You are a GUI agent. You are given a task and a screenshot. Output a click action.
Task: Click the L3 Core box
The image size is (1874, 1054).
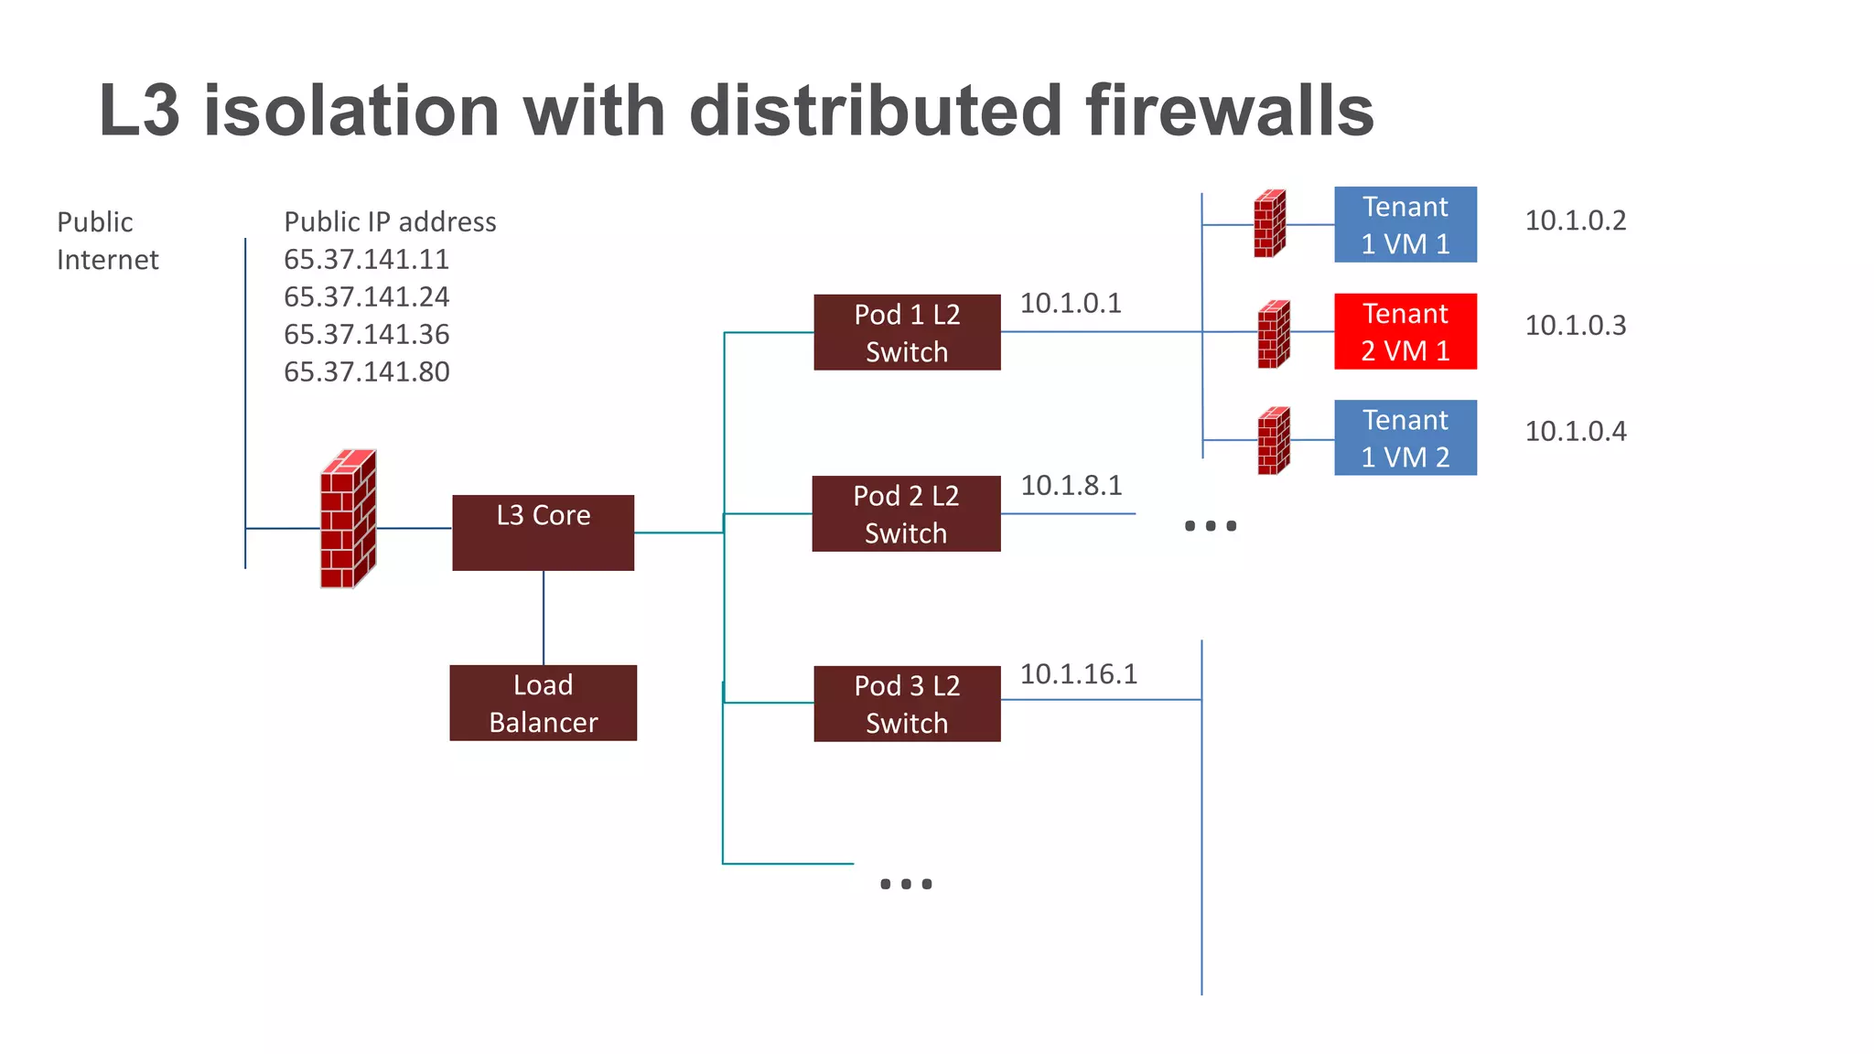tap(543, 532)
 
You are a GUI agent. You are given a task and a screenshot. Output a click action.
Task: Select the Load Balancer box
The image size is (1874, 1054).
tap(543, 703)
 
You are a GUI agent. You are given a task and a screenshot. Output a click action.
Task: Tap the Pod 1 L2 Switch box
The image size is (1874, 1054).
tap(907, 332)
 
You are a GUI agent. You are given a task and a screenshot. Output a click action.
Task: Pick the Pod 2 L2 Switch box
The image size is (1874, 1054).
tap(906, 513)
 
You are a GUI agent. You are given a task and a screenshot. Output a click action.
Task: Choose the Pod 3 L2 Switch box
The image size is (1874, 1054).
tap(907, 704)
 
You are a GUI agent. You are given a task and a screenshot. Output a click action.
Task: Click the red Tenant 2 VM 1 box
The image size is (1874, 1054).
tap(1405, 331)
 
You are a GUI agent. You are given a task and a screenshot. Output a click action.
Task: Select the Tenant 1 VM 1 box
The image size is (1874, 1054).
tap(1405, 224)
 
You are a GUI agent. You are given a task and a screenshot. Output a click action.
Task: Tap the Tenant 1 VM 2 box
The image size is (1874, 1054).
tap(1405, 437)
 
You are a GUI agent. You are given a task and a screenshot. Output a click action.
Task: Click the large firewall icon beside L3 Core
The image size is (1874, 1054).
tap(348, 519)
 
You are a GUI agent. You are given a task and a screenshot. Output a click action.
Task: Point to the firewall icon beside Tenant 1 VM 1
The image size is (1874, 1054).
tap(1269, 223)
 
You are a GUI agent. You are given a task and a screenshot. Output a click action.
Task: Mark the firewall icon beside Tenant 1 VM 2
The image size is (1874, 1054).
tap(1273, 441)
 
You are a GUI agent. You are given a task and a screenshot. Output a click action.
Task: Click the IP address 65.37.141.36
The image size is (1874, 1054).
tap(366, 334)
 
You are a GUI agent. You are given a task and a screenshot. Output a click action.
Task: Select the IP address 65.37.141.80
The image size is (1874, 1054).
tap(366, 371)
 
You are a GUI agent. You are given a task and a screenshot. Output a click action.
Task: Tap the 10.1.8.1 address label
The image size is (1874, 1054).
tap(1071, 485)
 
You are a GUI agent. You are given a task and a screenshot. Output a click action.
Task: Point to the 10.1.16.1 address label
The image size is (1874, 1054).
tap(1078, 674)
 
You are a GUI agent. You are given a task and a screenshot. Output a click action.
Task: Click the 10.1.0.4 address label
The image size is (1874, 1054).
tap(1575, 431)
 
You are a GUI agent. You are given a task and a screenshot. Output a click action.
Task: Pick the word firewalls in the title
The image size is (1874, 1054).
tap(1229, 111)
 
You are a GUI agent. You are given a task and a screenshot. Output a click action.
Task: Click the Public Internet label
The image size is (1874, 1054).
tap(107, 241)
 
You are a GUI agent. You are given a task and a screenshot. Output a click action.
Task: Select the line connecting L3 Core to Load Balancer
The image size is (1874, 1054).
tap(544, 618)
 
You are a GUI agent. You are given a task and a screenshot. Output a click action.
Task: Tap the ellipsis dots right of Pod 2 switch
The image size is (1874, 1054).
tap(1210, 526)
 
